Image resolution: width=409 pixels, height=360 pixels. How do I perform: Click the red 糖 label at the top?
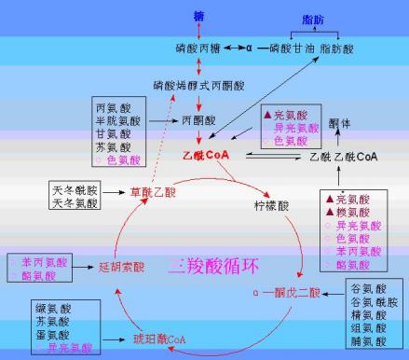click(x=198, y=17)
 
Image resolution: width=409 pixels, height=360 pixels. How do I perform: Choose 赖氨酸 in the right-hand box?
click(x=352, y=212)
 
